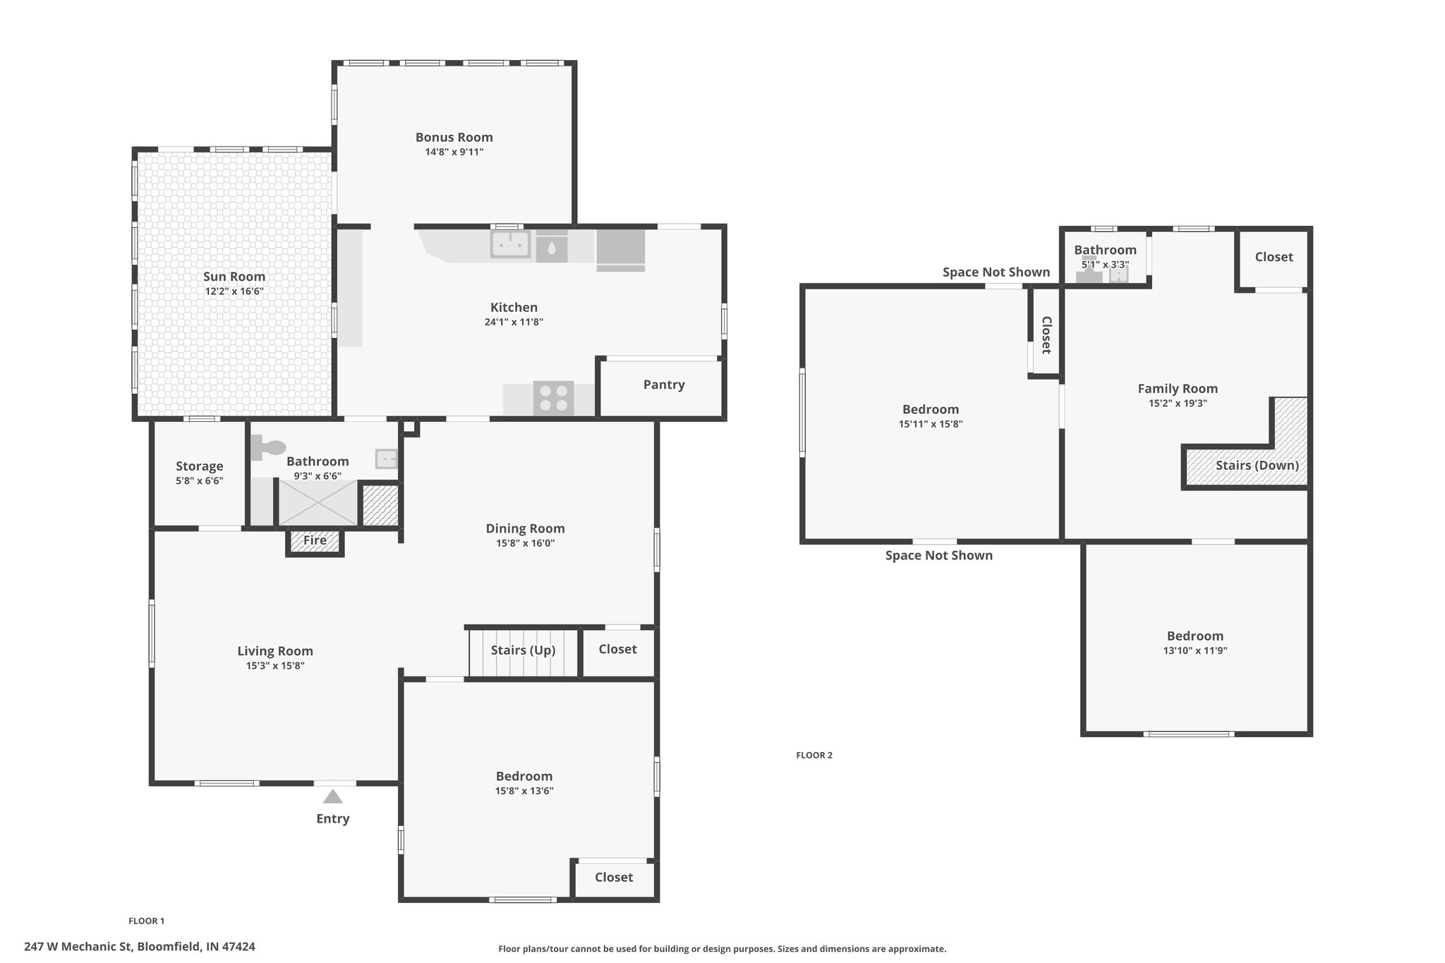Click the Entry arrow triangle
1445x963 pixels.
333,797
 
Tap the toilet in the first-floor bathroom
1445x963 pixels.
268,447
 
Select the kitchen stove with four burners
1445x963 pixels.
553,397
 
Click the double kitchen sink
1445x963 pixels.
510,245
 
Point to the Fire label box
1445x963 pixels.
315,541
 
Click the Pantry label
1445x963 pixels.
664,384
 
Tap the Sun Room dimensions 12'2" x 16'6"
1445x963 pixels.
234,291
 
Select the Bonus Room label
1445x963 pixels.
454,138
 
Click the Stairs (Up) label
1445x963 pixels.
524,650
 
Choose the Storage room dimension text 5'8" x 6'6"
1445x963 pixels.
200,481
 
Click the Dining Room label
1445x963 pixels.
525,528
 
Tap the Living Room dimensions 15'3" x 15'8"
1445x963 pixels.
275,666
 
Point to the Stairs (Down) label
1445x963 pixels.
1257,466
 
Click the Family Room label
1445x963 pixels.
1178,389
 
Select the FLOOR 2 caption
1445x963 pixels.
814,755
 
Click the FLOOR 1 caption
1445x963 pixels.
147,921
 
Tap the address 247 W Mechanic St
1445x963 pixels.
78,947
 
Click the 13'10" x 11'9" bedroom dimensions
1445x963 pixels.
1195,651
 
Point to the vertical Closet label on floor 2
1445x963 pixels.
1046,335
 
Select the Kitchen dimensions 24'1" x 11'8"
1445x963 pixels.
514,322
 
